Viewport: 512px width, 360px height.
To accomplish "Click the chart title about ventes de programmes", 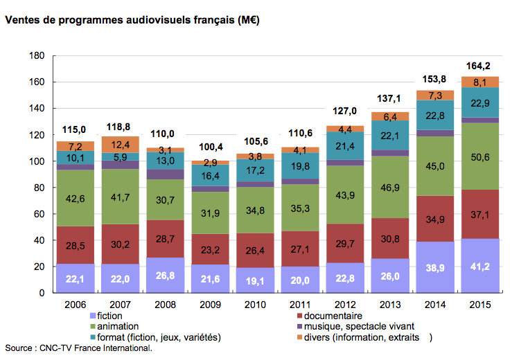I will tap(132, 21).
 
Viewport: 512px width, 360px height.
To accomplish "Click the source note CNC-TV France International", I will tap(78, 348).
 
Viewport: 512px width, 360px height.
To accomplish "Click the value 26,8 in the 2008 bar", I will tap(164, 277).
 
